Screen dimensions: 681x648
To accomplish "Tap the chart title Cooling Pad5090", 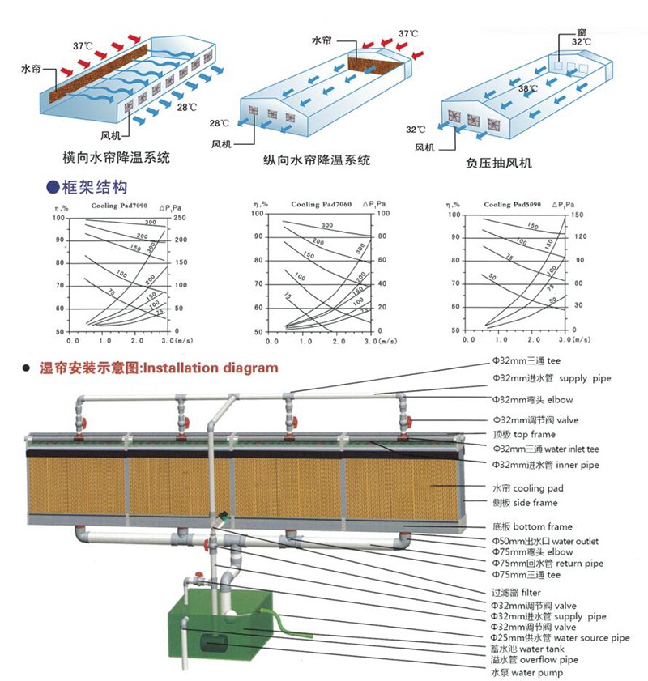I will [509, 206].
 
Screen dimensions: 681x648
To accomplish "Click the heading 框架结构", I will [94, 188].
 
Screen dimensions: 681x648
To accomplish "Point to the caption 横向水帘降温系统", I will [117, 156].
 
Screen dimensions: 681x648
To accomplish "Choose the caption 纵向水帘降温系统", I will [317, 160].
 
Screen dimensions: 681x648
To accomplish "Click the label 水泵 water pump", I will [525, 672].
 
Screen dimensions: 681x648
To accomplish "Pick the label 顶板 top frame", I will [524, 435].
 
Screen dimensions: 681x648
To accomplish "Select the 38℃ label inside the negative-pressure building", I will [527, 89].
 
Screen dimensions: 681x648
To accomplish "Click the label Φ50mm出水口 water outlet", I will [545, 541].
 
